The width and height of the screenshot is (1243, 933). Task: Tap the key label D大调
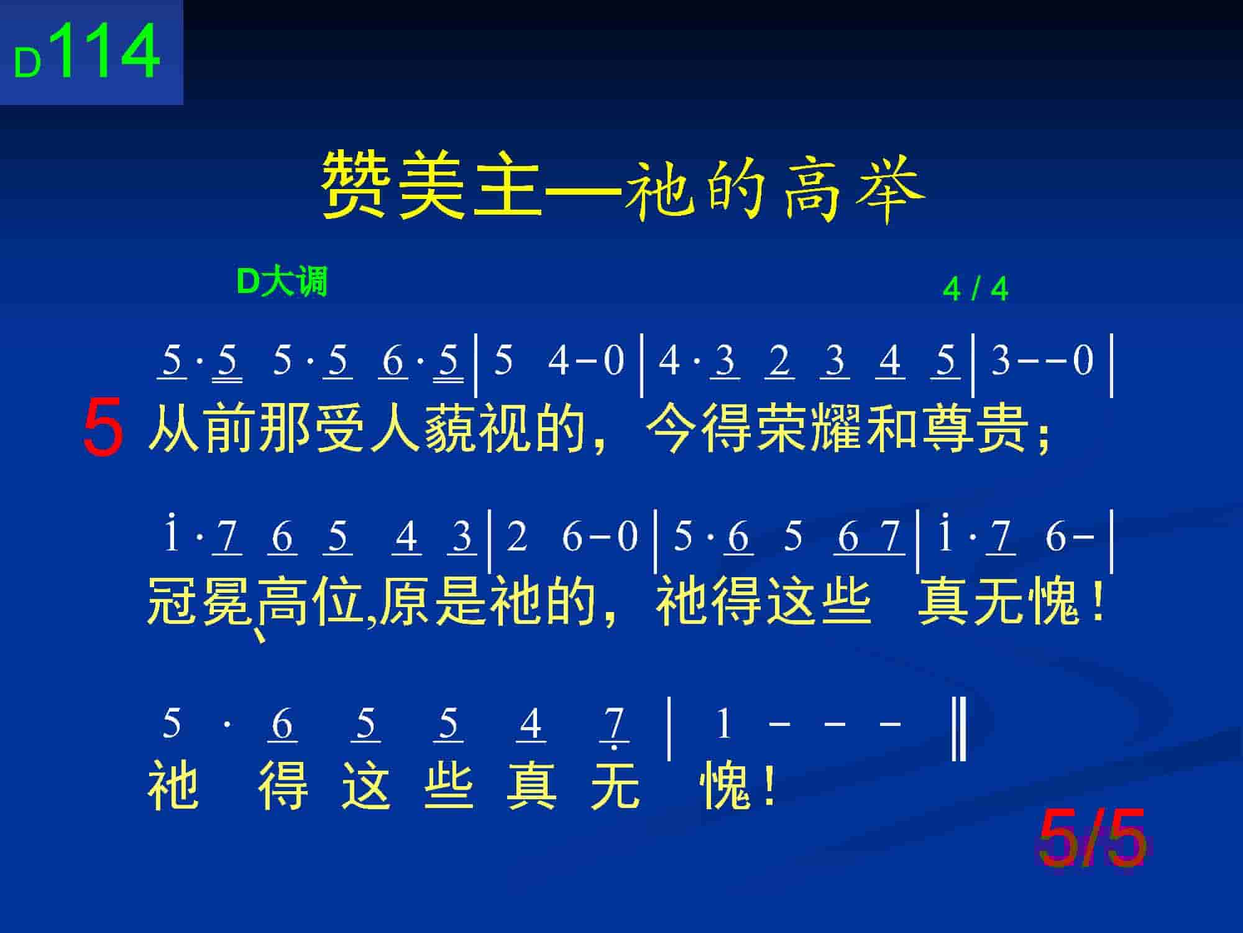pos(282,282)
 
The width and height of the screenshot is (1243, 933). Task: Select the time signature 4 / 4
pos(975,289)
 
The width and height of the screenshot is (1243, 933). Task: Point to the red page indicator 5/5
pos(1092,839)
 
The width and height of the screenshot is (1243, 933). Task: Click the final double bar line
pos(959,730)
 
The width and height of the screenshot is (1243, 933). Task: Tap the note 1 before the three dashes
pos(723,725)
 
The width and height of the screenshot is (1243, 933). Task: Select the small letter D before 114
pos(28,63)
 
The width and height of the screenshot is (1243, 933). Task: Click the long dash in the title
pos(583,187)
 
